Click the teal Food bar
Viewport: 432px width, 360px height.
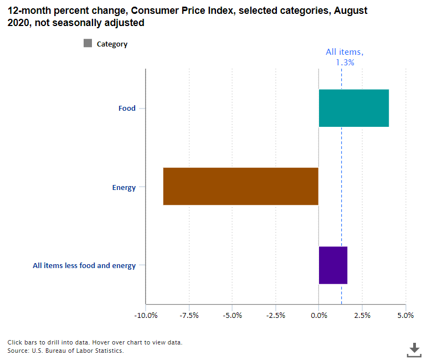coord(353,108)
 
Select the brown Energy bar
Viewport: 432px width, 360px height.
coord(241,187)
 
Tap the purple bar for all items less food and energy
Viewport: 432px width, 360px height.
coord(333,265)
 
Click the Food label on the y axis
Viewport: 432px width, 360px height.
coord(127,109)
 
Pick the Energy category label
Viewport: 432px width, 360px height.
coord(124,187)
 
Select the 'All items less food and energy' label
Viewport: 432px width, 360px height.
coord(84,266)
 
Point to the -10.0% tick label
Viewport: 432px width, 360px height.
coord(146,315)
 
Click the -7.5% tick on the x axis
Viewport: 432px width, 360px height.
coord(189,315)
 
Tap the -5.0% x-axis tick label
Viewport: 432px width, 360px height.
coord(232,315)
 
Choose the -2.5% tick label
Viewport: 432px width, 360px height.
coord(275,315)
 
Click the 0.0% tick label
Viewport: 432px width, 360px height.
coord(319,315)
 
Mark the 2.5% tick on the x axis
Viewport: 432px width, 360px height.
coord(362,315)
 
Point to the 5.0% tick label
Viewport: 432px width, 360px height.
coord(405,315)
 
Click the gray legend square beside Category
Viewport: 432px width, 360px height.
coord(88,44)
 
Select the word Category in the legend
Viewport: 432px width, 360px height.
coord(112,44)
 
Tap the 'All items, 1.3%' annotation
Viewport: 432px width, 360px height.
coord(344,57)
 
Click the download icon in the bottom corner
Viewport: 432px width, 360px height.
coord(414,349)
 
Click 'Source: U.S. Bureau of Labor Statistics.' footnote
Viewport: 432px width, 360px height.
coord(65,351)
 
